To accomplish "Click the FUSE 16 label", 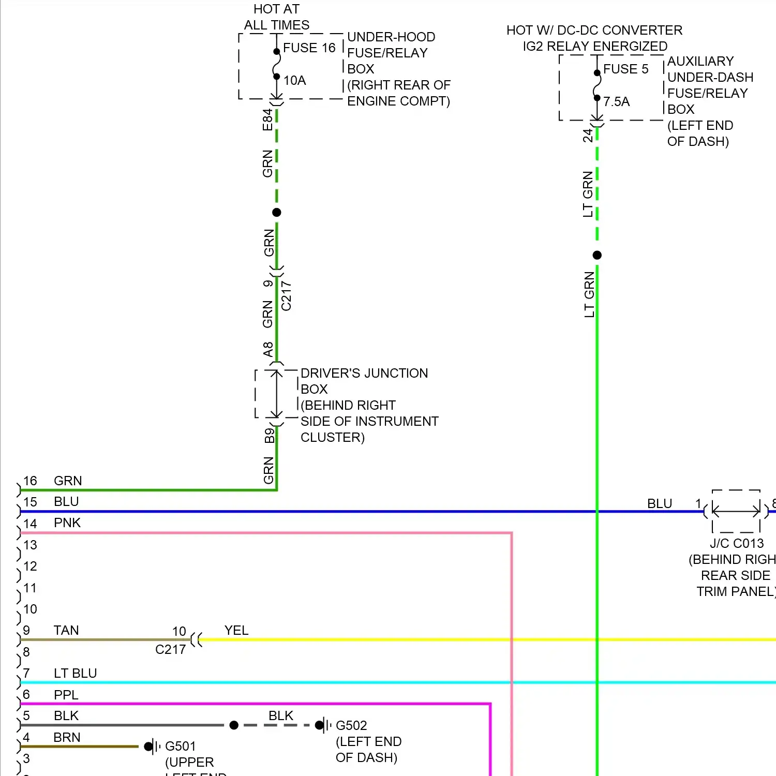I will point(309,48).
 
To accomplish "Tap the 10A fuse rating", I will point(294,81).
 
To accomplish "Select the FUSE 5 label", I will point(625,69).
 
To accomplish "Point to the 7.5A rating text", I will point(616,102).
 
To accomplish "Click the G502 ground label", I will point(351,725).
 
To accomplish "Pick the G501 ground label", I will point(181,746).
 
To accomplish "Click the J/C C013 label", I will point(736,544).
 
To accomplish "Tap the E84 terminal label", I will point(267,120).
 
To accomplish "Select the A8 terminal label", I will point(267,349).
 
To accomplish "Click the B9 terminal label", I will point(269,436).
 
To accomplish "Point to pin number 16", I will point(30,481).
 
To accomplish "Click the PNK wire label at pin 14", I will point(67,523).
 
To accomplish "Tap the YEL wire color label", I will point(236,630).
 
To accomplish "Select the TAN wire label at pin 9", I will point(66,630).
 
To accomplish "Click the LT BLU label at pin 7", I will point(76,673).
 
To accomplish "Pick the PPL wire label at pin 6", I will point(66,695).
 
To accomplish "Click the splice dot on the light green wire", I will point(597,255).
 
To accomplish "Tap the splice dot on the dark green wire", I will point(277,213).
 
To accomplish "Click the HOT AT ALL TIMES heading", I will point(277,17).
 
